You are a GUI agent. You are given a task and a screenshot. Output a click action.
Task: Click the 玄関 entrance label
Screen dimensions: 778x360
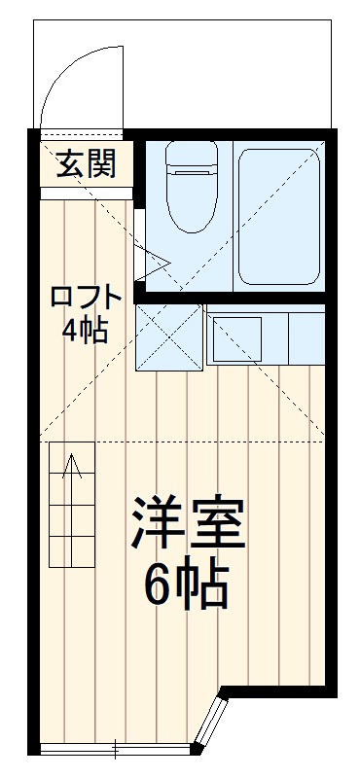(x=86, y=164)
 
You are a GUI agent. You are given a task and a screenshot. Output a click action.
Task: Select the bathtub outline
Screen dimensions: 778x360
(x=280, y=219)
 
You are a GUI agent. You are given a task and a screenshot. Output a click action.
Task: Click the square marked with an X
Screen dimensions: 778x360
(x=168, y=337)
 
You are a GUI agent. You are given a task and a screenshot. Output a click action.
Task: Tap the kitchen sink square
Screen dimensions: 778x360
(x=234, y=336)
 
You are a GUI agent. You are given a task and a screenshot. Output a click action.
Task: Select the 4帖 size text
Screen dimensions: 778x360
(x=86, y=331)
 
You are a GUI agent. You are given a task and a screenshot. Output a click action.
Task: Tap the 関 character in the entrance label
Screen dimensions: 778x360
(x=100, y=164)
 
